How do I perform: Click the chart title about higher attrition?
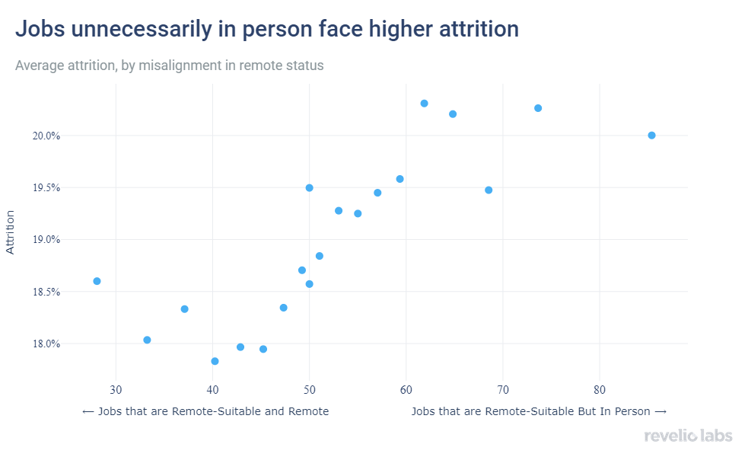click(267, 30)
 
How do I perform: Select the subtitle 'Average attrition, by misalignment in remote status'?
click(170, 66)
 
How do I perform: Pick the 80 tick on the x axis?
click(600, 391)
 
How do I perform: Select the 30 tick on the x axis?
click(116, 391)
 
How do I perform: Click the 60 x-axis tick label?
click(406, 391)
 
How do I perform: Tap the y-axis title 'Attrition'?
click(11, 233)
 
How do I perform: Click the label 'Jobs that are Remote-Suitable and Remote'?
click(205, 411)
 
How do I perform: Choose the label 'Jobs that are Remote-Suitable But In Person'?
click(539, 411)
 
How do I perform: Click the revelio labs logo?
click(688, 436)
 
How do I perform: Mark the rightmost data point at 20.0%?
click(651, 136)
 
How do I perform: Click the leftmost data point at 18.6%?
click(97, 281)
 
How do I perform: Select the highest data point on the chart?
click(424, 104)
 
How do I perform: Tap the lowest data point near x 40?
click(215, 361)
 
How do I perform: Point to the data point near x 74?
click(538, 108)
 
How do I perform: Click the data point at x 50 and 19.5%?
click(309, 187)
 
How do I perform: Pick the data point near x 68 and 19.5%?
click(489, 190)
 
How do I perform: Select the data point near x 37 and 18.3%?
click(184, 309)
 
